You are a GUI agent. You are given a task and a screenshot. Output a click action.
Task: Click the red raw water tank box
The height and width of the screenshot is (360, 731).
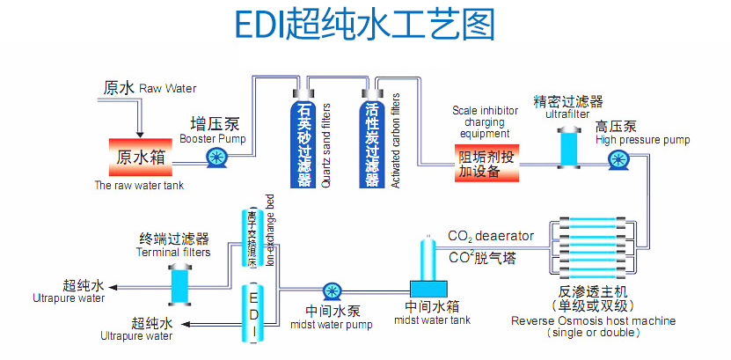140,156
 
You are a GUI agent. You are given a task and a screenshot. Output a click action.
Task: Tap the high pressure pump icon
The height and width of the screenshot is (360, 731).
618,159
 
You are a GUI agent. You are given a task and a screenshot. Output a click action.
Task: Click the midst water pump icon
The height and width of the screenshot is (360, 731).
332,291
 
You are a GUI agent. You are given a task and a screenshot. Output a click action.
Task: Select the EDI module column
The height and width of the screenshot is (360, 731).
253,312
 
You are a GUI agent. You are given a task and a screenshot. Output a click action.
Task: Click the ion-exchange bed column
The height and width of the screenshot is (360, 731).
252,238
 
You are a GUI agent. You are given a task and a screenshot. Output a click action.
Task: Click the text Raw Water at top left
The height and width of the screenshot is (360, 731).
168,88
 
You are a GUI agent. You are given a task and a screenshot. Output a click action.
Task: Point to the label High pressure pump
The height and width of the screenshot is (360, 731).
642,140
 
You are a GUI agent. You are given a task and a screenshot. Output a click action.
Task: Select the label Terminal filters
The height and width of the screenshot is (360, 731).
173,253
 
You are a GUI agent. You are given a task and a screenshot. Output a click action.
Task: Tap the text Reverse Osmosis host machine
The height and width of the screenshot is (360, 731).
595,320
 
